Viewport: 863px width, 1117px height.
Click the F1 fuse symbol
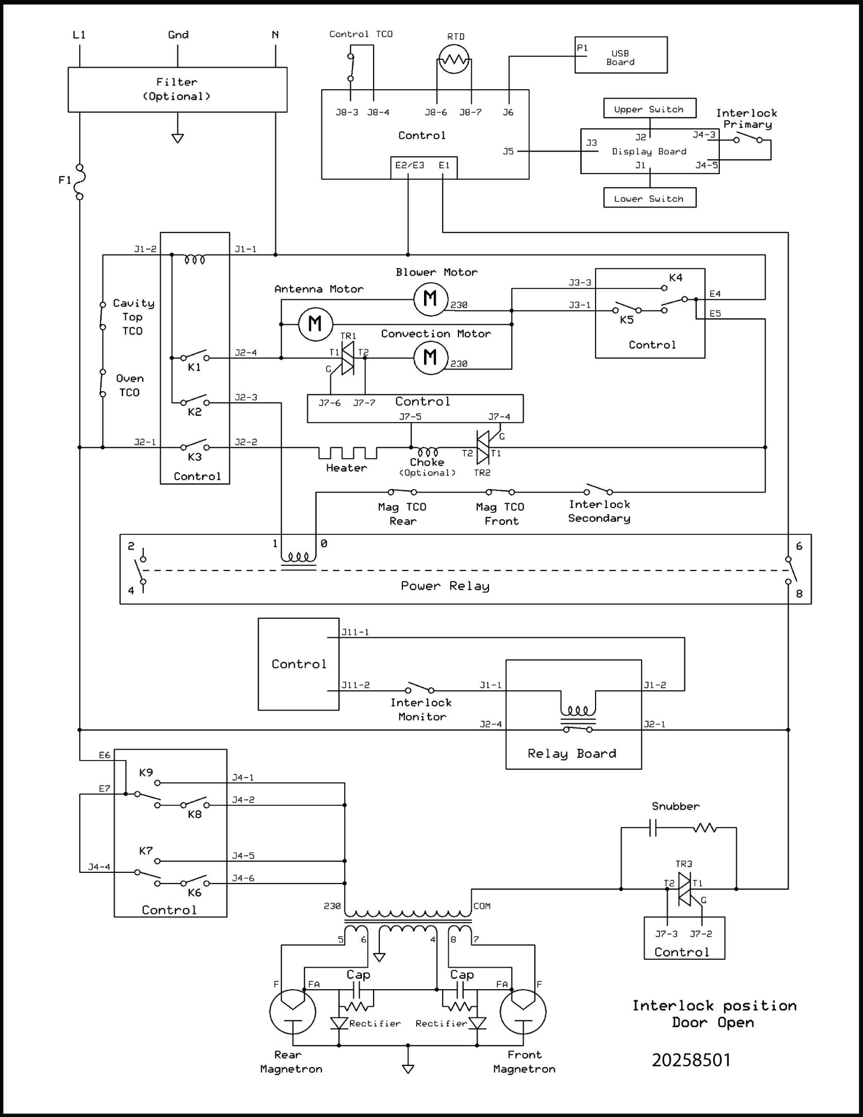[80, 181]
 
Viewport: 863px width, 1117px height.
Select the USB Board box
[621, 55]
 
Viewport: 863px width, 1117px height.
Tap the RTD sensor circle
[454, 59]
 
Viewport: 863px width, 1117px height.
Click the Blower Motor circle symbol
[431, 299]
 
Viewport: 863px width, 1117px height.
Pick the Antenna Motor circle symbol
[315, 324]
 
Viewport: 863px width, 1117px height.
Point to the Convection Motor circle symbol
[431, 358]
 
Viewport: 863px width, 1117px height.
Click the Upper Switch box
[649, 109]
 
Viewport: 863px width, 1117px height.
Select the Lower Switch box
[649, 198]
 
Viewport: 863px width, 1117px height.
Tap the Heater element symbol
[347, 453]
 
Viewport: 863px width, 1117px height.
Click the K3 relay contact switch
[195, 446]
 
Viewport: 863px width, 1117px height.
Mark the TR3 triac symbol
[684, 889]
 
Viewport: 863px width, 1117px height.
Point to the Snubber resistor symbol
[704, 828]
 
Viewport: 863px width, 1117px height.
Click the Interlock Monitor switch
[419, 688]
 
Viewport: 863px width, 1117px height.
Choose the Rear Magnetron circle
[292, 1011]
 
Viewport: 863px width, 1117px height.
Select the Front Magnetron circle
[523, 1011]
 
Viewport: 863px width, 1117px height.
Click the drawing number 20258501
[691, 1060]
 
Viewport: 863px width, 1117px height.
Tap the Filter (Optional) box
[177, 89]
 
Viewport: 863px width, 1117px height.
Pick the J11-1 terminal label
[355, 632]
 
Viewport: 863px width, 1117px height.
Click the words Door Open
[713, 1022]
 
